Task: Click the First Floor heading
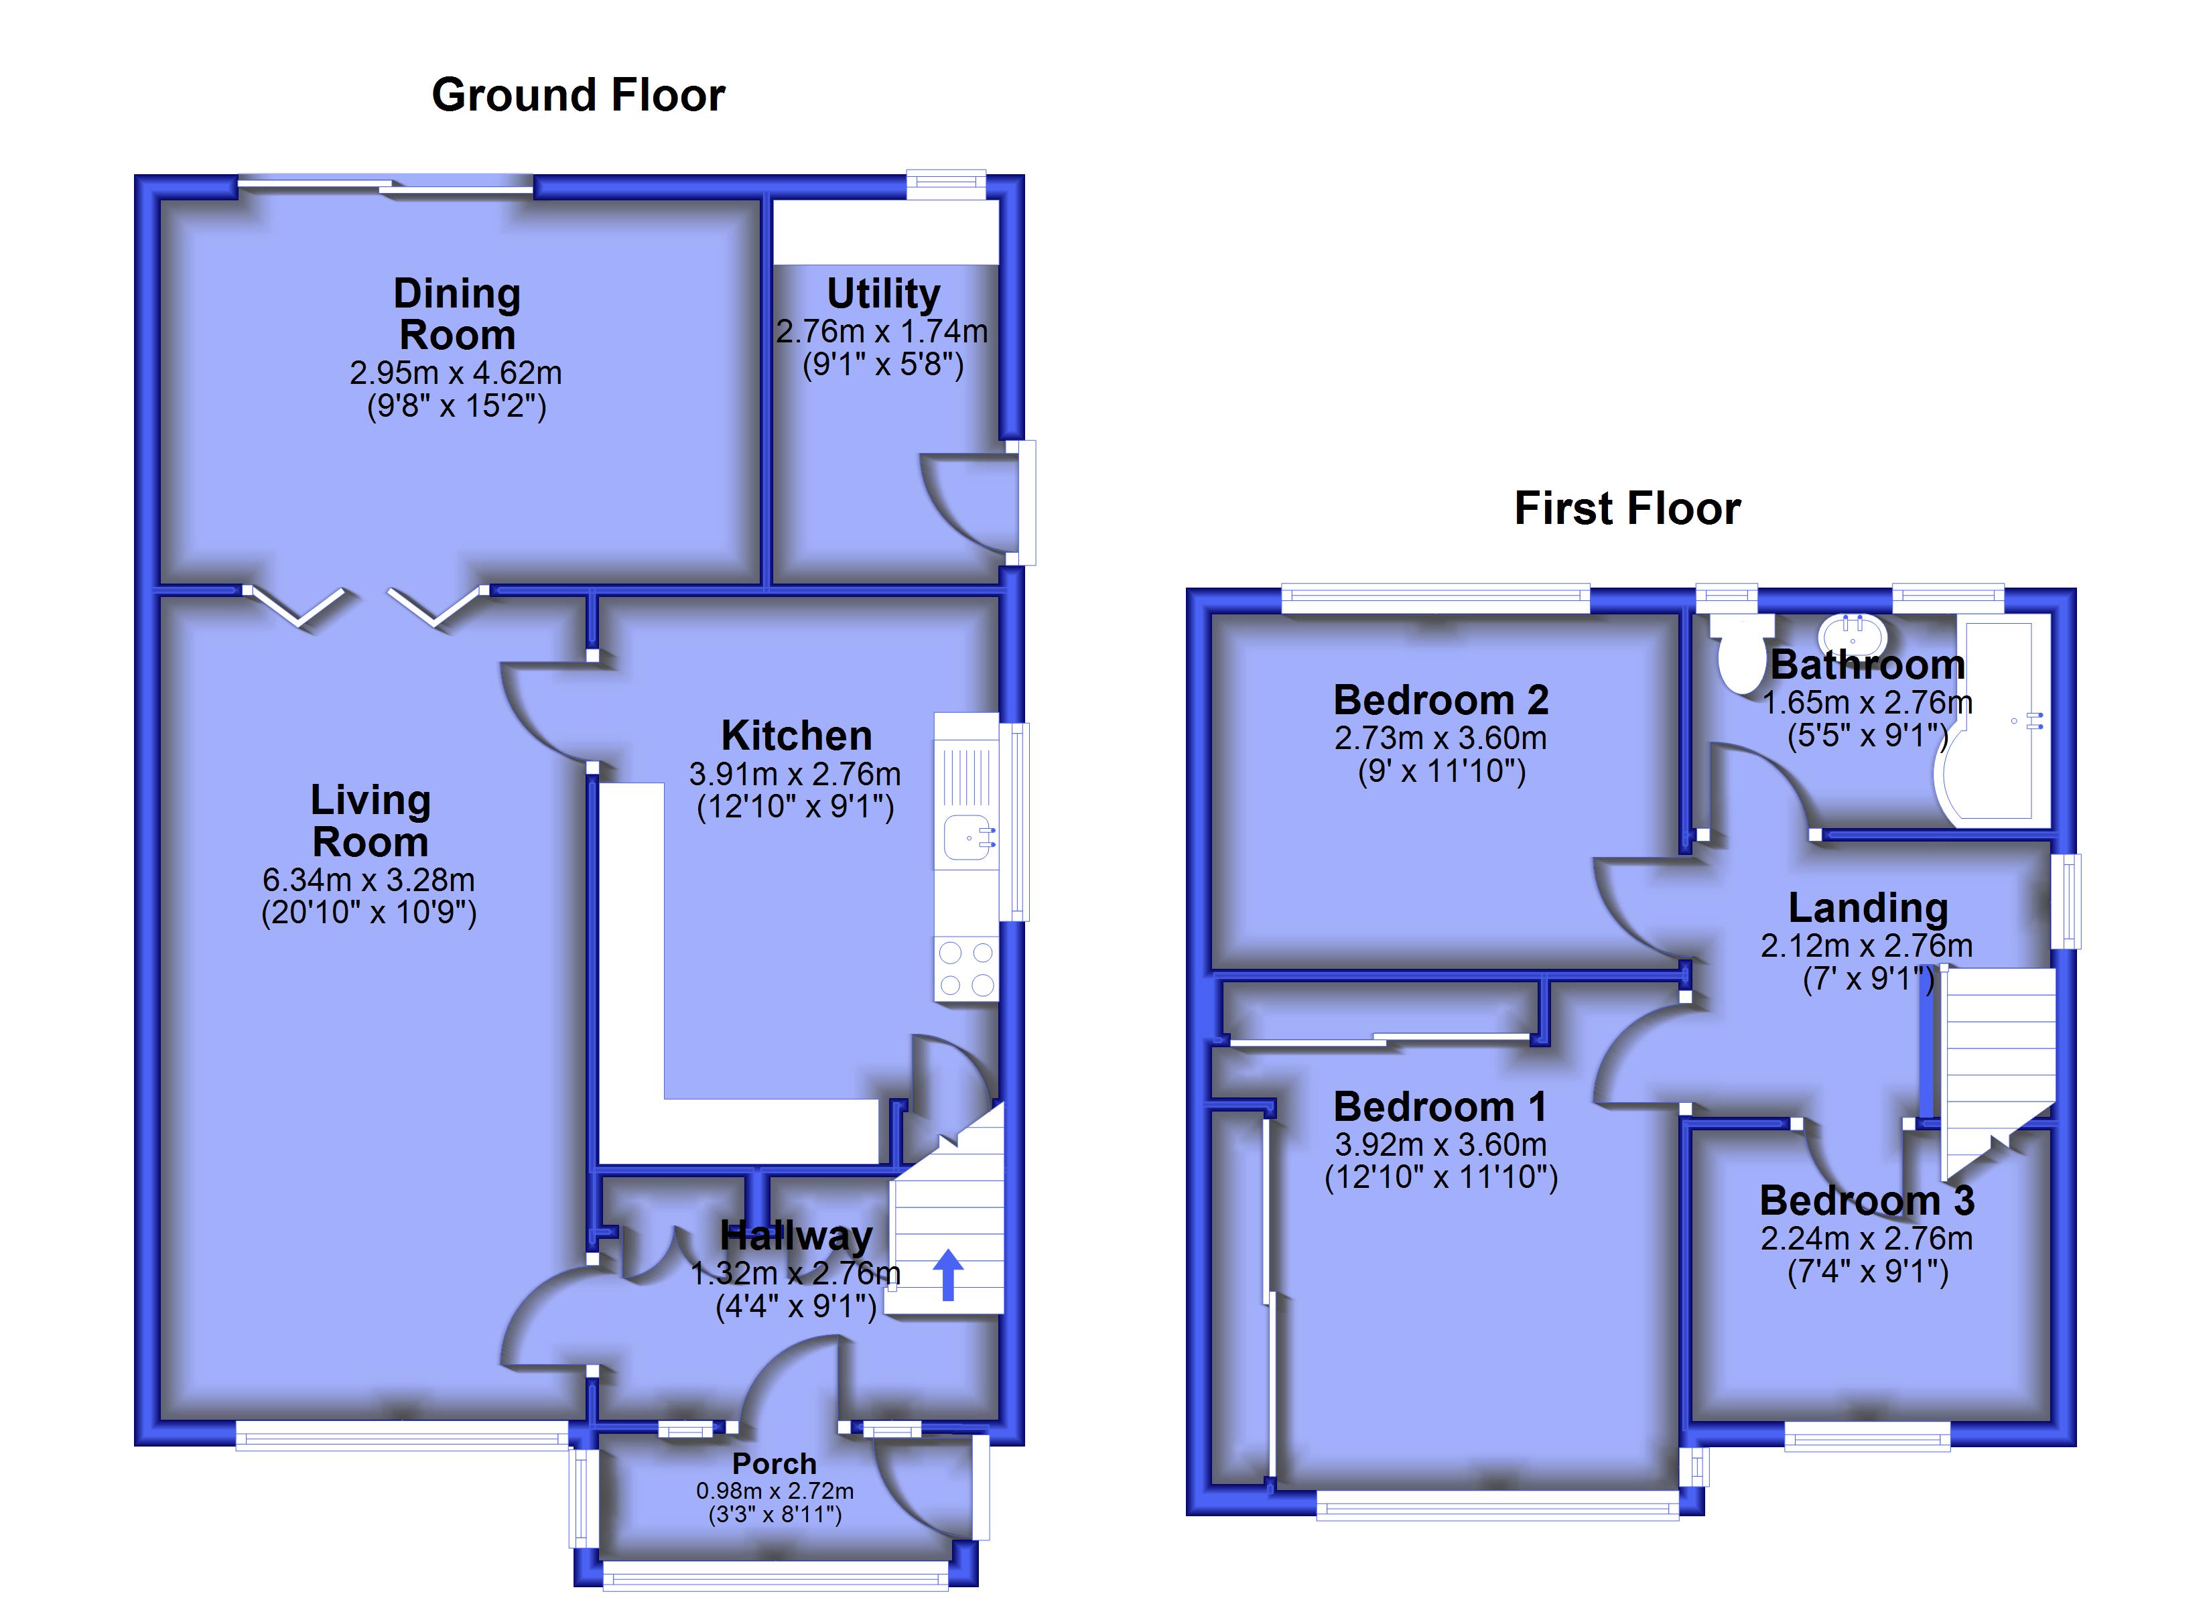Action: [1627, 508]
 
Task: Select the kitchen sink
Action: [970, 839]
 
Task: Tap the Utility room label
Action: [883, 293]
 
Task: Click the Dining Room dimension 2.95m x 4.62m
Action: [456, 373]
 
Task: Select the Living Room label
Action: [371, 821]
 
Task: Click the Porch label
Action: [774, 1464]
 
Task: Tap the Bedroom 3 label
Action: [1867, 1201]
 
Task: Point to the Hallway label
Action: [795, 1235]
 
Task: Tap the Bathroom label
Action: [1867, 665]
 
